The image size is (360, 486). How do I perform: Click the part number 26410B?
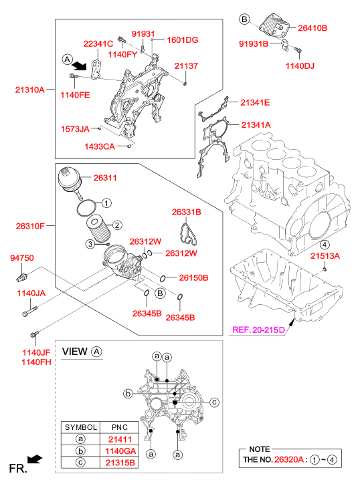(x=312, y=28)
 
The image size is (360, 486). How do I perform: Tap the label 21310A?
(x=30, y=90)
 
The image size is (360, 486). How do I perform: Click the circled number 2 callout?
(x=117, y=225)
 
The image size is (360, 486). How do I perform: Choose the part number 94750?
(x=22, y=258)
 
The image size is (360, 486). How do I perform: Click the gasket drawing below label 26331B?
(x=187, y=235)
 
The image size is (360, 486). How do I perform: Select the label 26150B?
(x=193, y=277)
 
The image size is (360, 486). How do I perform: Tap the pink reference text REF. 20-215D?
(x=258, y=330)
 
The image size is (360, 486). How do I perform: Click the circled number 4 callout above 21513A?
(x=325, y=245)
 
